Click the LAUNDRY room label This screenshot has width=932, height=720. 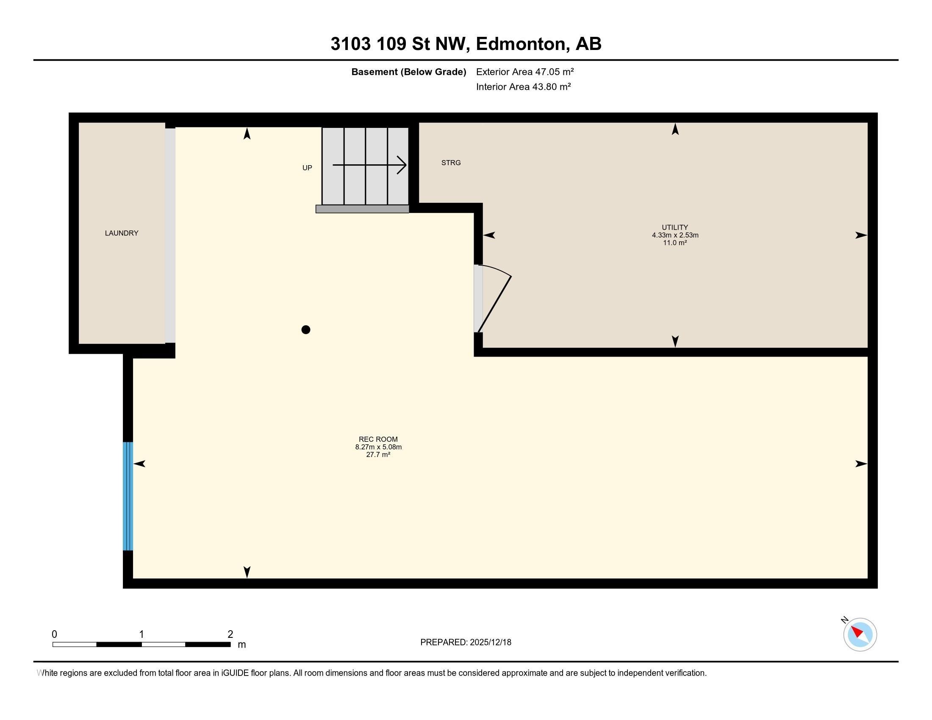(x=122, y=233)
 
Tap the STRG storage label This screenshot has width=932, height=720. (x=451, y=163)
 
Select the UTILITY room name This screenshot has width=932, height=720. (x=675, y=227)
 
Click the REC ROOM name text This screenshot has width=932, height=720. (x=378, y=439)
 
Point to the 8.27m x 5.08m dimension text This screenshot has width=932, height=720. (x=378, y=447)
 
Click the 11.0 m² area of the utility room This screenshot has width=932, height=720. (x=675, y=243)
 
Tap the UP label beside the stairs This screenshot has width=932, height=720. (x=307, y=168)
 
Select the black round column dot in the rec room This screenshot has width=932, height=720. (x=305, y=329)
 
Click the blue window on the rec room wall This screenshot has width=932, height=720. (x=128, y=496)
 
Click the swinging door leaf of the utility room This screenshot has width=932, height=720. (x=494, y=304)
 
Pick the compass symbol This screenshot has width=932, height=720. (x=860, y=634)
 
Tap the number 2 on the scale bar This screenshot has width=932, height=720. (x=230, y=634)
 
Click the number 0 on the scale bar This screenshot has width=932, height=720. (x=54, y=634)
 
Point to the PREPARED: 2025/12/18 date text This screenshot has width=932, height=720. (x=466, y=642)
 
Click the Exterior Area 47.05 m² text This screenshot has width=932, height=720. (x=524, y=72)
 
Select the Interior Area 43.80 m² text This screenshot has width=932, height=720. (x=523, y=86)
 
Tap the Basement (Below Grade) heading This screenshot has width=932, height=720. (x=408, y=72)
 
